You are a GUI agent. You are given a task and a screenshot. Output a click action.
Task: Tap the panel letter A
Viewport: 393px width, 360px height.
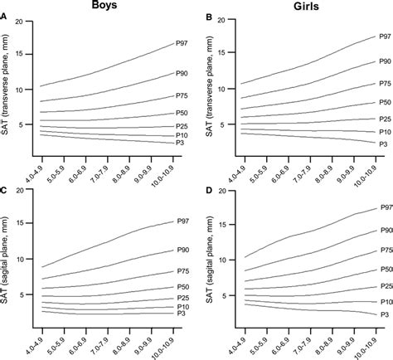[5, 14]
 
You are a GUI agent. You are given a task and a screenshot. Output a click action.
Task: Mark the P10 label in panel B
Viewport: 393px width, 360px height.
[384, 131]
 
